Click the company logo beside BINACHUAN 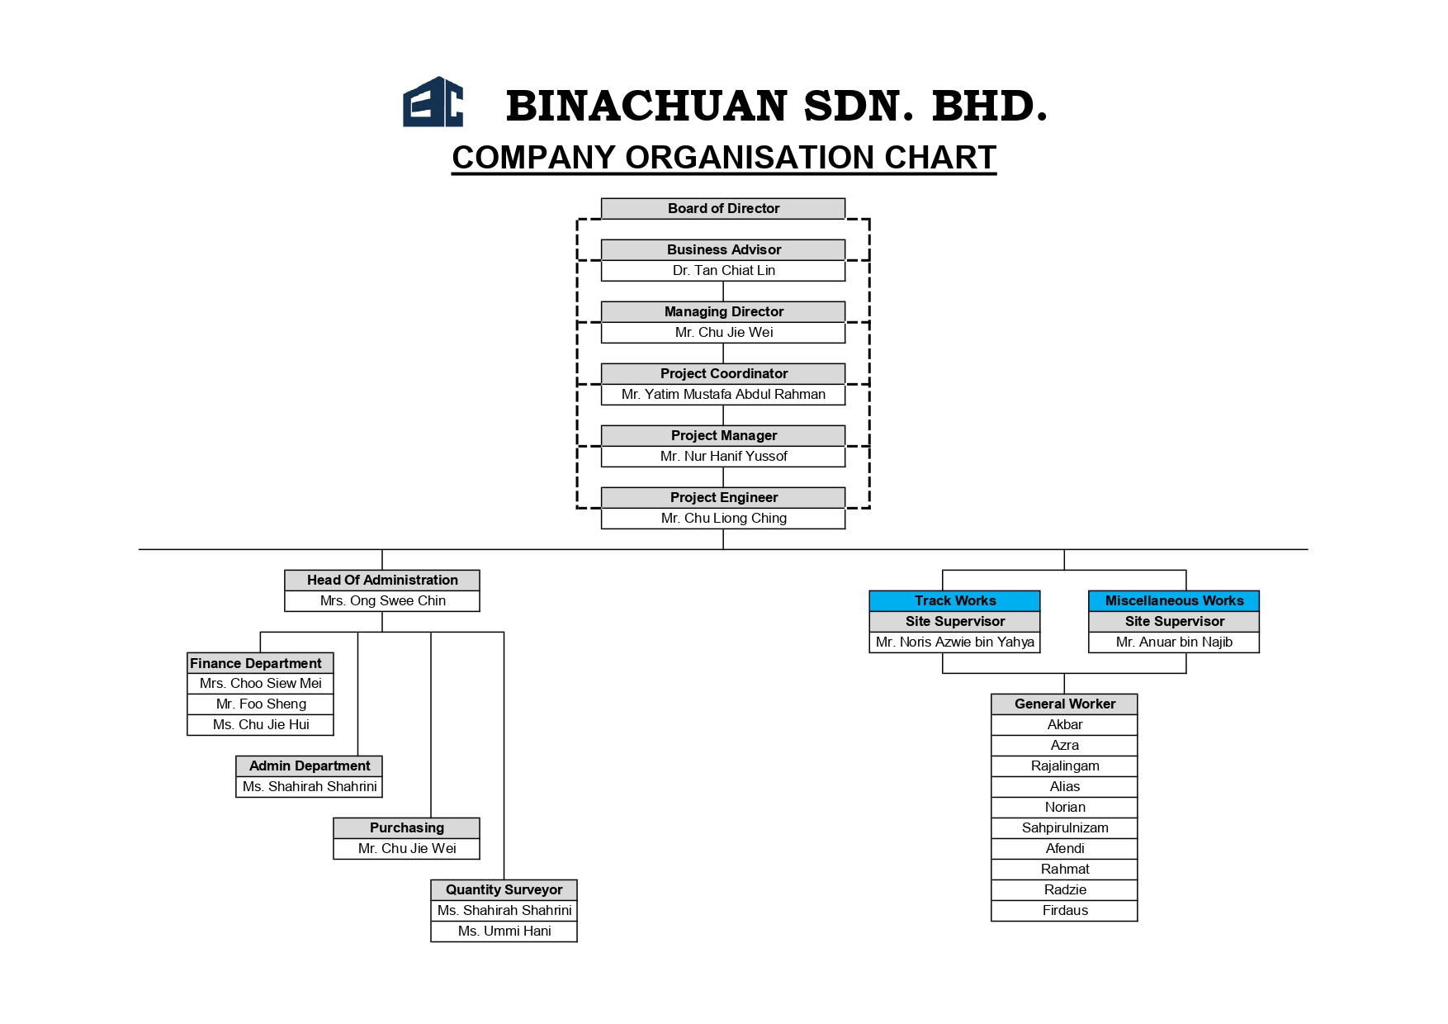[433, 102]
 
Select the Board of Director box [723, 208]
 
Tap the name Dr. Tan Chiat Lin [723, 270]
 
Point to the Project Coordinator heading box [723, 373]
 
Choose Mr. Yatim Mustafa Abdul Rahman [723, 394]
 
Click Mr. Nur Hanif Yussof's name [723, 456]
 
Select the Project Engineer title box [723, 497]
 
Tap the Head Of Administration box [382, 580]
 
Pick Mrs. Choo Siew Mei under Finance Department [261, 683]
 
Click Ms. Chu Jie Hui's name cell [261, 724]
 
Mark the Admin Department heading [310, 766]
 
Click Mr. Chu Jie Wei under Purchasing [407, 848]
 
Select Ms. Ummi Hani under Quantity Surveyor [504, 931]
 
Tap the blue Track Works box [955, 600]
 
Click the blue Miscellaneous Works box [1174, 600]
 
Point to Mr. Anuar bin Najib [1174, 642]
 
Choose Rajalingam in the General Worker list [1065, 766]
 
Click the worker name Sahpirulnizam [1065, 827]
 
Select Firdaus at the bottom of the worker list [1065, 910]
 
